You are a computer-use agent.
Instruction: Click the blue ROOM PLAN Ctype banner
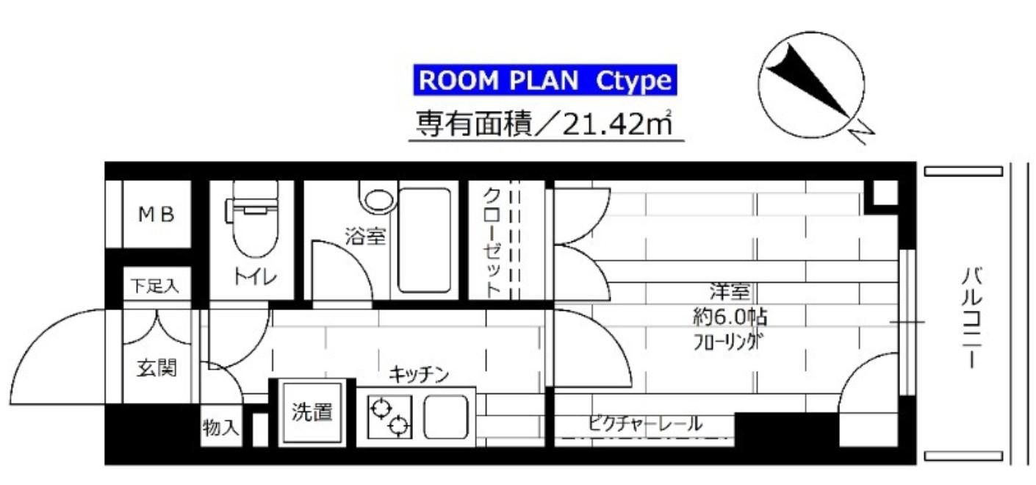[x=545, y=80]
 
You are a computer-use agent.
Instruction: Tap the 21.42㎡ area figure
[x=616, y=123]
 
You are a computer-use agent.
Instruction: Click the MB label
[x=157, y=214]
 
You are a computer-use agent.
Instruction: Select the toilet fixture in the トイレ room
[x=254, y=218]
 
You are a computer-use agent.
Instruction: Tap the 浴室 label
[x=365, y=237]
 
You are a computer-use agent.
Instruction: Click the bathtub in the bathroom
[x=424, y=240]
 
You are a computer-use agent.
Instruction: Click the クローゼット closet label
[x=492, y=240]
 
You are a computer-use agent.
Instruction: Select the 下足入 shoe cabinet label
[x=154, y=286]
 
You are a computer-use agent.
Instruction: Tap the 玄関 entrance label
[x=157, y=368]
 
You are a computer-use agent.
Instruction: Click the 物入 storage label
[x=220, y=428]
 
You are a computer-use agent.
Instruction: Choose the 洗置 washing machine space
[x=312, y=412]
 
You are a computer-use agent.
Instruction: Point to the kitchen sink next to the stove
[x=445, y=417]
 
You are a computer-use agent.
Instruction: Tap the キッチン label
[x=419, y=375]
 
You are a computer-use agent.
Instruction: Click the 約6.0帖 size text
[x=730, y=317]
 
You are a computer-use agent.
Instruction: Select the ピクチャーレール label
[x=645, y=423]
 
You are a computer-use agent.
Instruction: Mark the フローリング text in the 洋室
[x=728, y=342]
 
